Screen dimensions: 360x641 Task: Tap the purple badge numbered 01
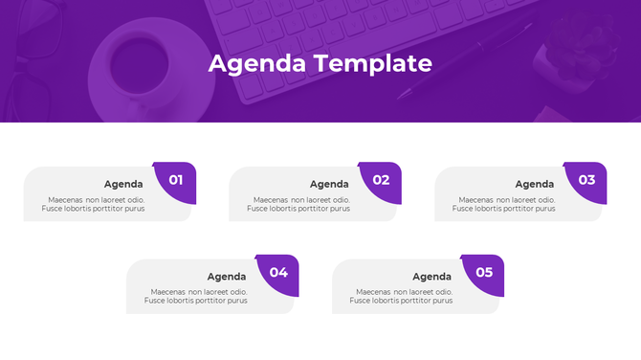pyautogui.click(x=176, y=180)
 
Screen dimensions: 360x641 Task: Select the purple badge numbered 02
pyautogui.click(x=382, y=180)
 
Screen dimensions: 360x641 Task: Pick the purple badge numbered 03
pyautogui.click(x=586, y=180)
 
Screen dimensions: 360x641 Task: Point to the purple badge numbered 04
pyautogui.click(x=278, y=273)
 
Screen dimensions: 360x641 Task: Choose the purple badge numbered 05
pyautogui.click(x=484, y=273)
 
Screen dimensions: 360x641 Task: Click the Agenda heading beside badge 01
pyautogui.click(x=123, y=184)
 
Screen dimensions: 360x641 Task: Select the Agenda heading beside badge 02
pyautogui.click(x=329, y=184)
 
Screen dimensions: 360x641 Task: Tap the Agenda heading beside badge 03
pyautogui.click(x=535, y=184)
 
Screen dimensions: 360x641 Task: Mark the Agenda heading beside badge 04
pyautogui.click(x=227, y=277)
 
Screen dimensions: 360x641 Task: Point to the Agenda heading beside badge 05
pyautogui.click(x=432, y=277)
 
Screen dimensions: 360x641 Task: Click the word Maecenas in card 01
pyautogui.click(x=65, y=199)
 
